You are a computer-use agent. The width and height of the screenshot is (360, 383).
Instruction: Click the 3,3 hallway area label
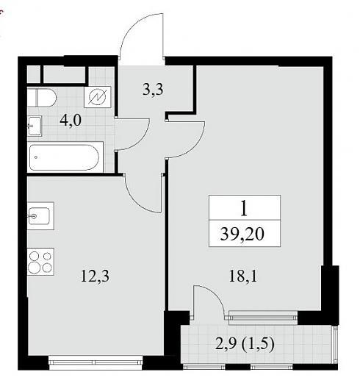[153, 90]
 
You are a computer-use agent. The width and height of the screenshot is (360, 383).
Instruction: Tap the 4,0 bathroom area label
[71, 121]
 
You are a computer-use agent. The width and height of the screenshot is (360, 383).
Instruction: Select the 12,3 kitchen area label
[95, 276]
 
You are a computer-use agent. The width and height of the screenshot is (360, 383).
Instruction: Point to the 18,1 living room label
[243, 276]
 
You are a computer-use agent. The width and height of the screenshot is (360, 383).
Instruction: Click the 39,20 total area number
[242, 234]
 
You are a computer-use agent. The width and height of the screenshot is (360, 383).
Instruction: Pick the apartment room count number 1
[244, 209]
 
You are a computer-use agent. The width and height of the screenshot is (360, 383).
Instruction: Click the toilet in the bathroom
[42, 98]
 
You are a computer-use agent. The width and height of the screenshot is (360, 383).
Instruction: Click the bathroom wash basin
[35, 126]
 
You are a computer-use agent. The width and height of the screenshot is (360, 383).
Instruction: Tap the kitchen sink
[40, 216]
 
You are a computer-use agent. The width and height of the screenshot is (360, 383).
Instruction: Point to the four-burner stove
[40, 262]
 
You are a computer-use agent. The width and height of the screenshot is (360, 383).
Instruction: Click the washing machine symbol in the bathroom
[97, 97]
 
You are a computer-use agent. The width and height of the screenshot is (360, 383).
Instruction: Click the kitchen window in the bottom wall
[96, 362]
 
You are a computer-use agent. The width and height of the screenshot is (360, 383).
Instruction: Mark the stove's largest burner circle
[35, 267]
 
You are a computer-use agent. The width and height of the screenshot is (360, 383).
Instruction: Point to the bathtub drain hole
[36, 157]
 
